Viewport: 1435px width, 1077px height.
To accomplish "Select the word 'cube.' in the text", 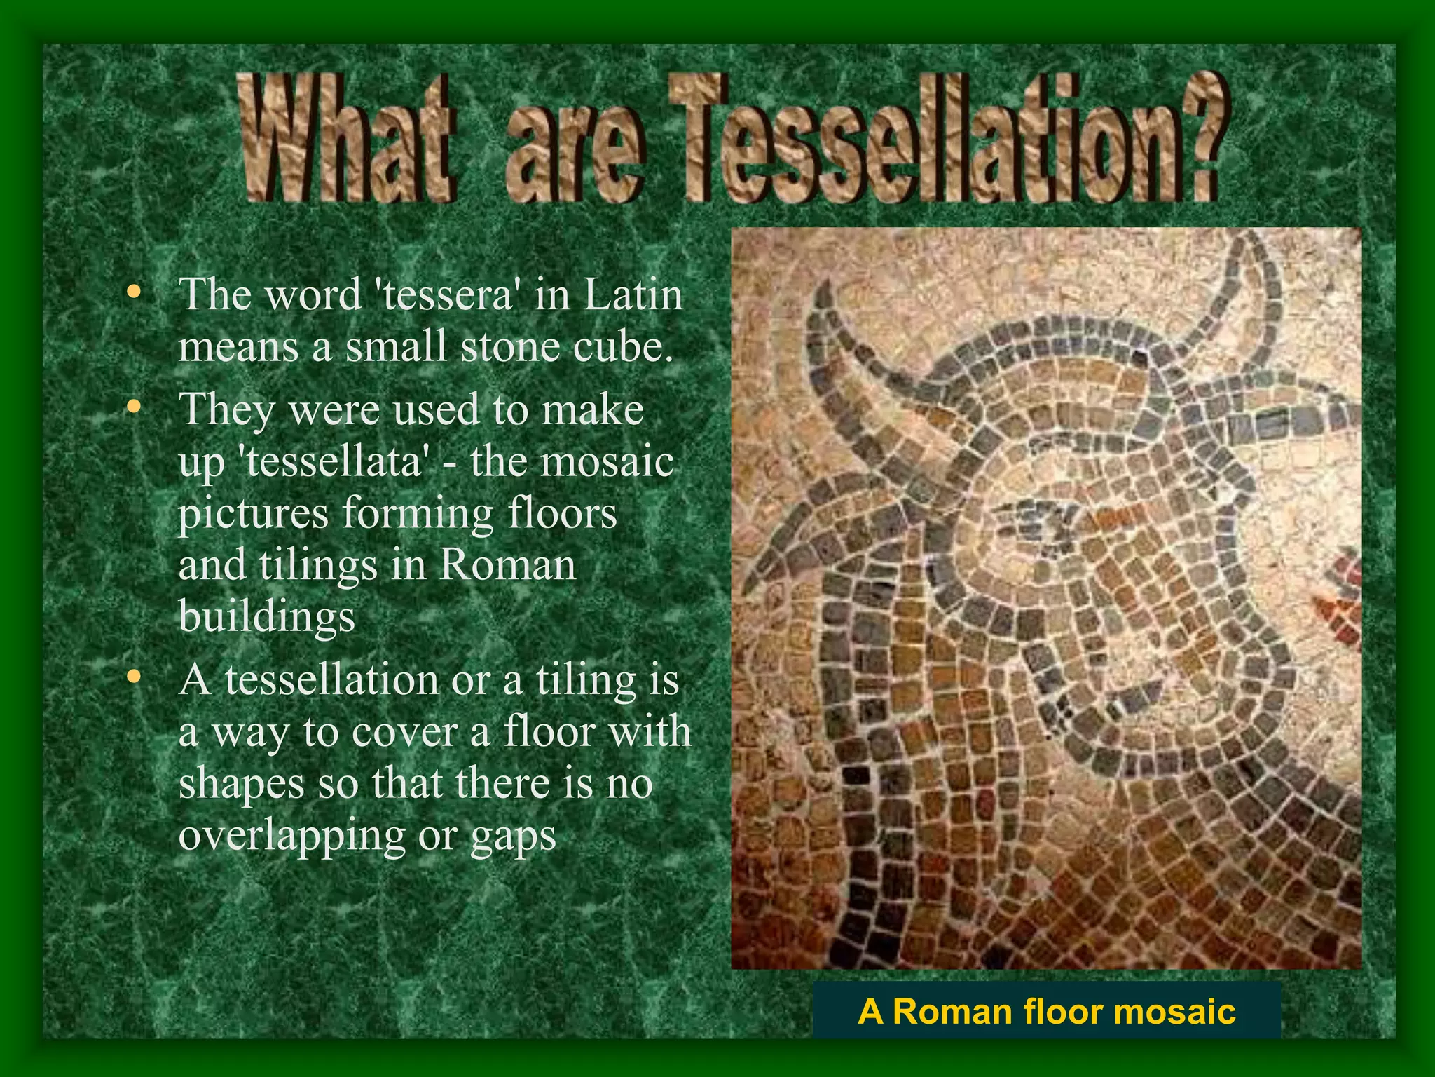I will pos(623,346).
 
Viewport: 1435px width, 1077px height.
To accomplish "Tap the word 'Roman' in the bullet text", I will pos(507,565).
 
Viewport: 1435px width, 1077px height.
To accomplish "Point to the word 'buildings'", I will pos(267,617).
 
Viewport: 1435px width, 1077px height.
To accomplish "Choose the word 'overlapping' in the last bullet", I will pos(291,836).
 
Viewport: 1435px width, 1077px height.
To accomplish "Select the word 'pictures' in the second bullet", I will pos(253,514).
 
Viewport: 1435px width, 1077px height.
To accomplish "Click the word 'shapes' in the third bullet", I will pos(241,784).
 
